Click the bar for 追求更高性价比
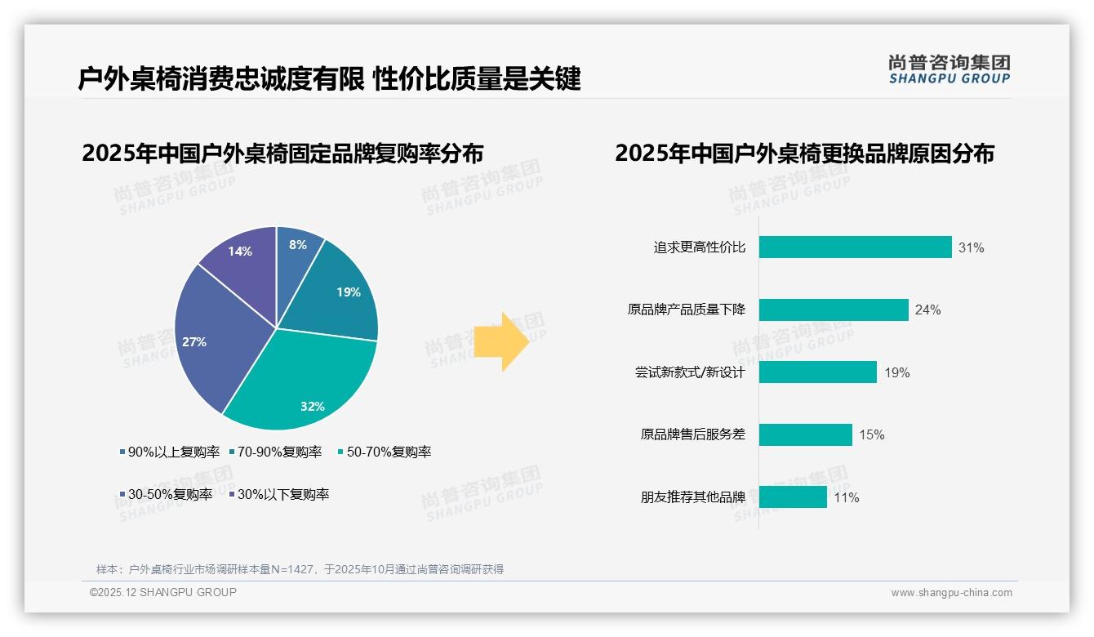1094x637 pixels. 855,247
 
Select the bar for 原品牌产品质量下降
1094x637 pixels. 834,310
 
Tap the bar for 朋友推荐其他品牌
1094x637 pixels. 793,497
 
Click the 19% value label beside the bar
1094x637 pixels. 896,373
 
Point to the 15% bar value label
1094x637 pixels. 871,435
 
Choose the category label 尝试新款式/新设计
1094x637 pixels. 691,372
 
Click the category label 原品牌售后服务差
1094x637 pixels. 693,434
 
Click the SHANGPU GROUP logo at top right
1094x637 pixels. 949,69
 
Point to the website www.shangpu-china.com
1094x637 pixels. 951,593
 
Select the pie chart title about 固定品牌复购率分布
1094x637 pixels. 282,154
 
